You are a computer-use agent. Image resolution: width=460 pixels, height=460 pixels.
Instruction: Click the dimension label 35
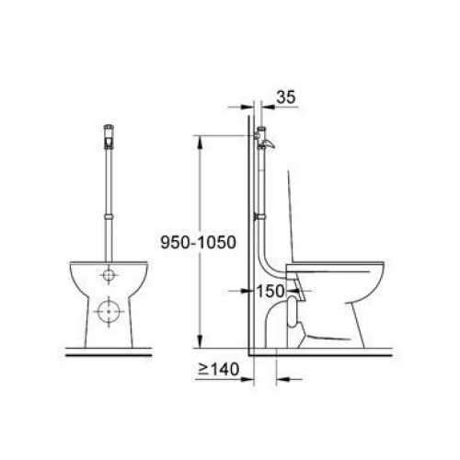[286, 97]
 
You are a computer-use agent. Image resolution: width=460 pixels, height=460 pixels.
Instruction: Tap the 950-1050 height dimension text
[199, 242]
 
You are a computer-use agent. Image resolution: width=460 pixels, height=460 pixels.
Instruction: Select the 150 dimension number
[270, 291]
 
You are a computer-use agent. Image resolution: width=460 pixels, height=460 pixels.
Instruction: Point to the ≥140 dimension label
[218, 369]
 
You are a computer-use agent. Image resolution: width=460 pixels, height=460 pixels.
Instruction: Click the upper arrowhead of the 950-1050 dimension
[200, 142]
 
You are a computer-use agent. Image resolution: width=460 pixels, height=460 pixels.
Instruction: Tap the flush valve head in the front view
[109, 137]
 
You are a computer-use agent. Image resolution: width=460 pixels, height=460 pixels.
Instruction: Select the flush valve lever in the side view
[269, 144]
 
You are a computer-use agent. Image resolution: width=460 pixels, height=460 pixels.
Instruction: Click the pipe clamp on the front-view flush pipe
[109, 217]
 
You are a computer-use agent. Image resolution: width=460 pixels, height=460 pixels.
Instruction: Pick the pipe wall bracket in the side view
[259, 217]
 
